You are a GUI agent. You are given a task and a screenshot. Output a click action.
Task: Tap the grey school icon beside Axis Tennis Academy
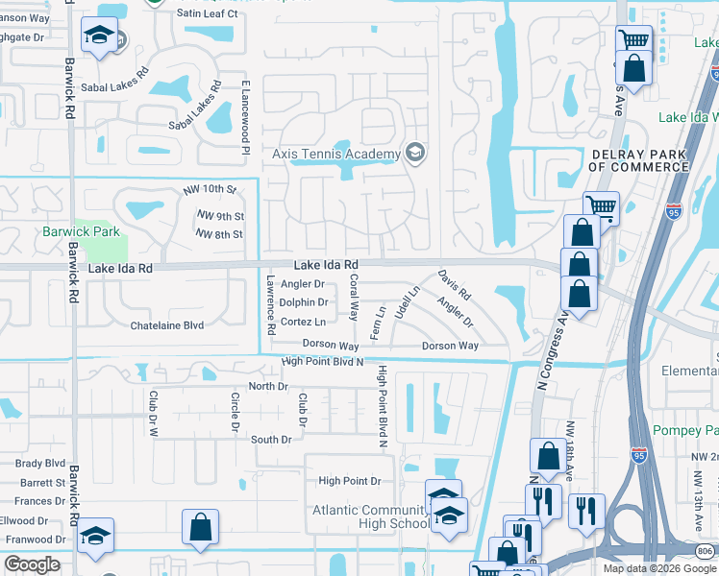click(415, 153)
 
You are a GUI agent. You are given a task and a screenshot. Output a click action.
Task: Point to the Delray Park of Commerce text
click(637, 160)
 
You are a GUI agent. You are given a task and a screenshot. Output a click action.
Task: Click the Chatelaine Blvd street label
click(167, 325)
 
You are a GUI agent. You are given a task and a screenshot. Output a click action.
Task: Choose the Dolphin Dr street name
click(304, 302)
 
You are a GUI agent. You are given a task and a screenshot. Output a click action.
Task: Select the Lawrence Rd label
click(272, 305)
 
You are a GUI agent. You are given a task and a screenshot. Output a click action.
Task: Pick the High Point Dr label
click(350, 481)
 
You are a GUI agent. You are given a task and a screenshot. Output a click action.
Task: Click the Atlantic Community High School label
click(370, 516)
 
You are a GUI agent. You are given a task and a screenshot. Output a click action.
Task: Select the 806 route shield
click(707, 550)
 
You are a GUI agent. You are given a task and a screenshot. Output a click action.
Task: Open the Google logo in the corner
click(33, 564)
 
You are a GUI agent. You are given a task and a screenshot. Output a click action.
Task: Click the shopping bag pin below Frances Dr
click(200, 528)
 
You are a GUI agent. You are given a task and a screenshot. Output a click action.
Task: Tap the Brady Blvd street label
click(39, 463)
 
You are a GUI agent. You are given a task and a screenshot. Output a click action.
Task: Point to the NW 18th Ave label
click(570, 450)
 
